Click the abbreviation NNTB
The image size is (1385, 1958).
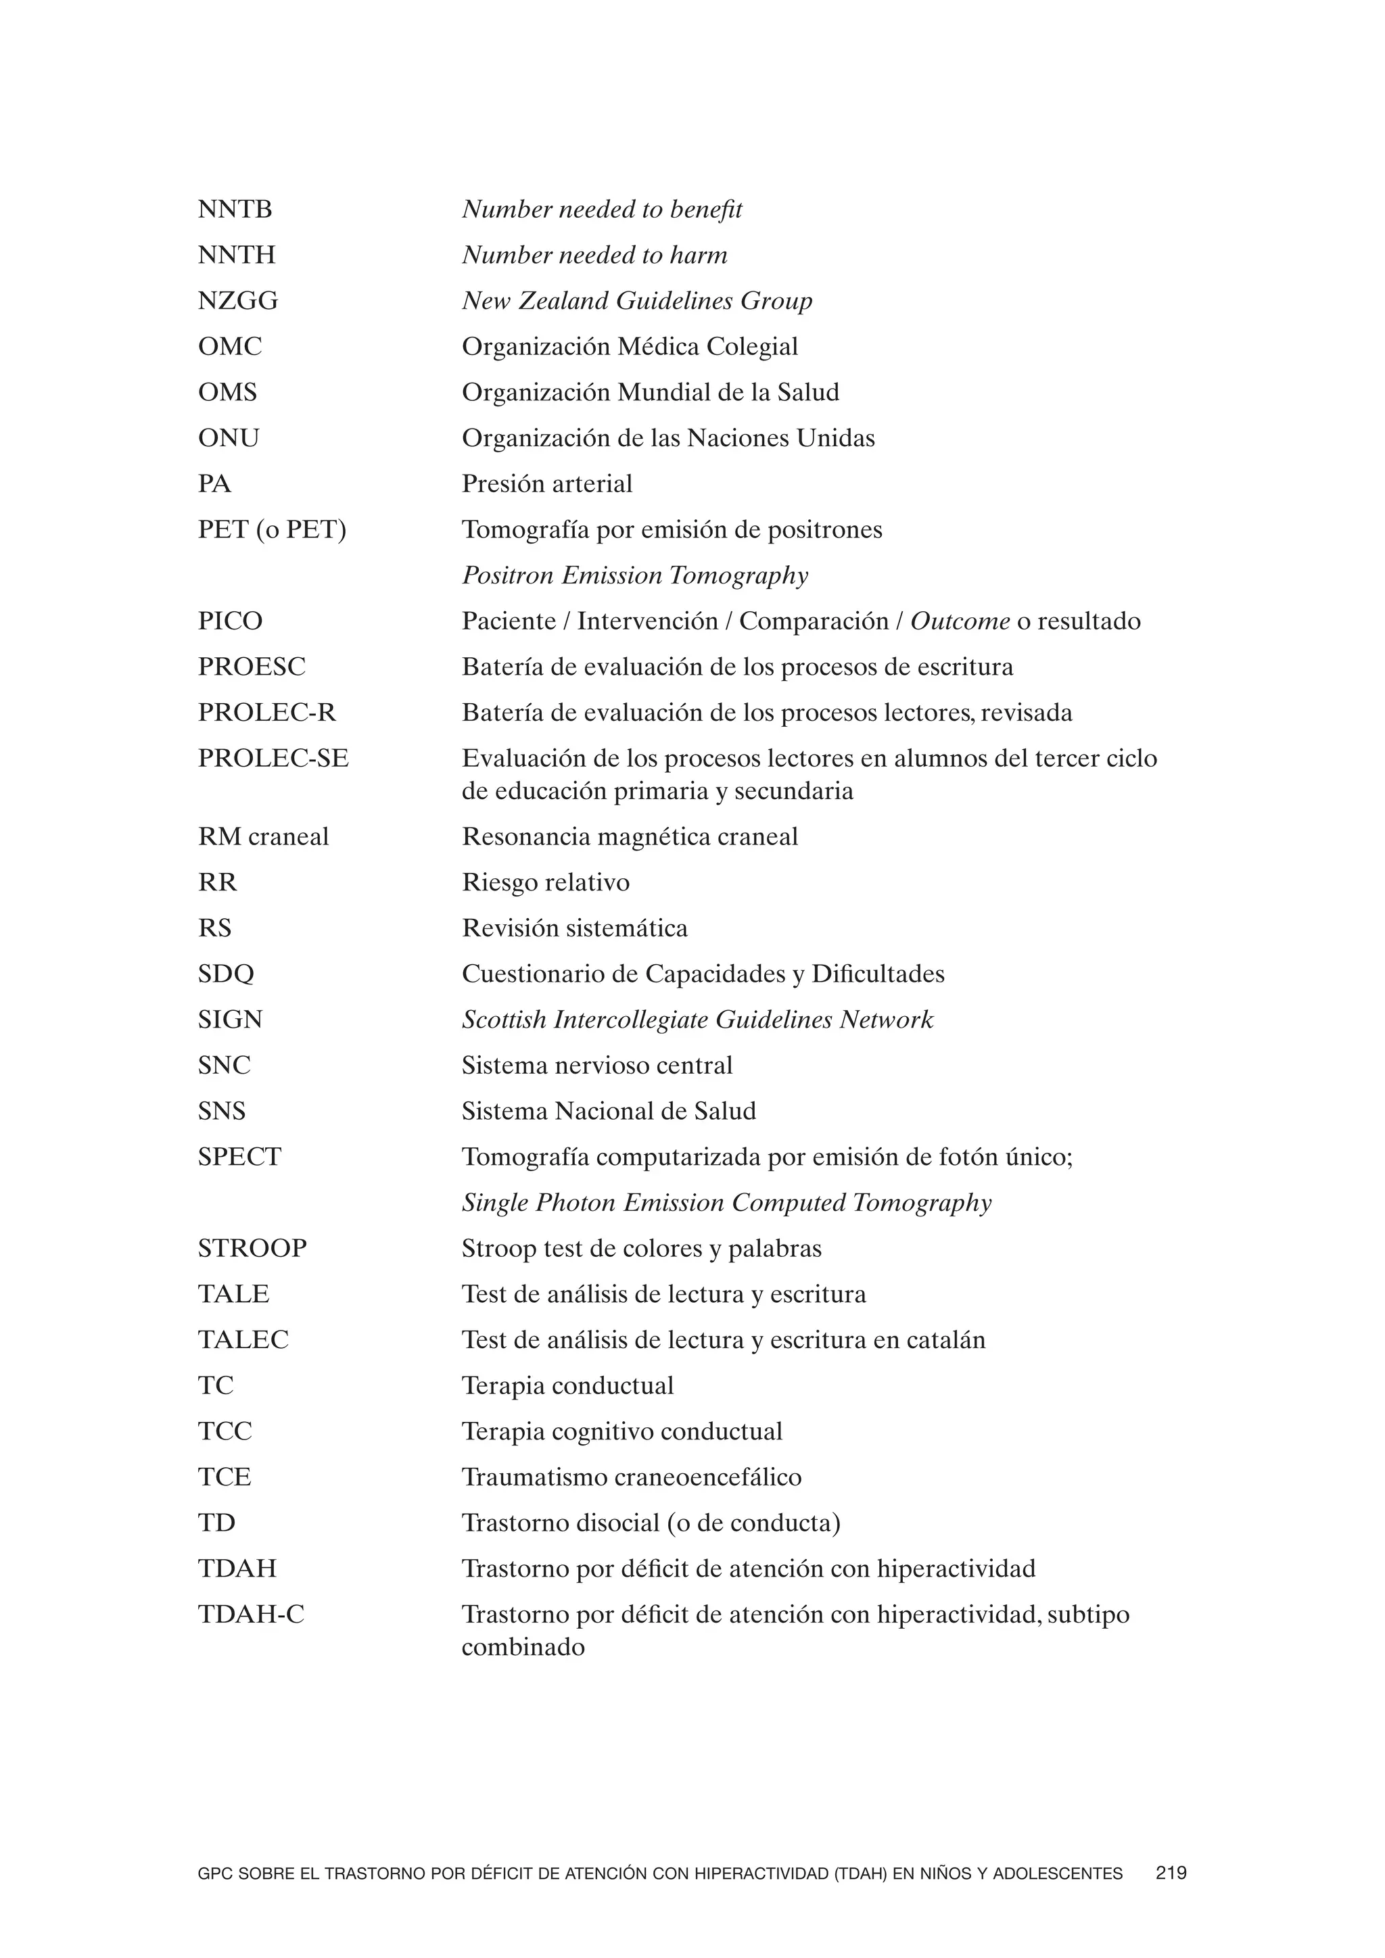pos(235,210)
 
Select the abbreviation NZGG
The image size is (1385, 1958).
pos(238,301)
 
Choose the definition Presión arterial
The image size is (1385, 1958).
pos(546,484)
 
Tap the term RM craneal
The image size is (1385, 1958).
pos(262,836)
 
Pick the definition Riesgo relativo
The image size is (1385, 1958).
pos(545,882)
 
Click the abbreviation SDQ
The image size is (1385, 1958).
pos(226,974)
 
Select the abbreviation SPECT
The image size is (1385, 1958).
pos(239,1157)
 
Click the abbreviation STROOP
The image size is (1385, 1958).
pos(252,1249)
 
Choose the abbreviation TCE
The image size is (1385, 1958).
pos(225,1477)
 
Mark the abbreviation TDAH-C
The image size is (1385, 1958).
pos(251,1615)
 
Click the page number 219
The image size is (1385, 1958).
pos(1171,1873)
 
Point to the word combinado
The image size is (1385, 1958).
pos(523,1647)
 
